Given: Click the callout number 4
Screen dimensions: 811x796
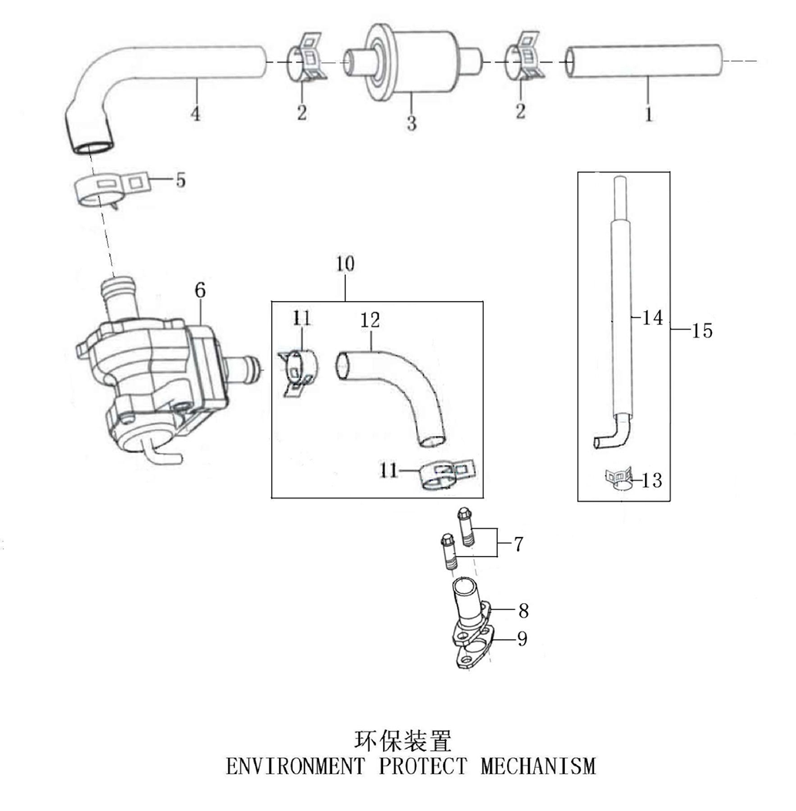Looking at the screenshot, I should (196, 115).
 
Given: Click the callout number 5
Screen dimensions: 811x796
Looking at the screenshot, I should (180, 181).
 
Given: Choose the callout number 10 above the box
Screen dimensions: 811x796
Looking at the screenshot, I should (344, 263).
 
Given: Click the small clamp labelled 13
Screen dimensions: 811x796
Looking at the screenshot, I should (620, 481).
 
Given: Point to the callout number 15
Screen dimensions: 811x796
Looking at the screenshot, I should (702, 331).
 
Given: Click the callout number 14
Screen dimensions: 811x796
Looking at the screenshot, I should (653, 317).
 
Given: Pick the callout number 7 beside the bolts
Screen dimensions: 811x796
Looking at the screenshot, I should (519, 545).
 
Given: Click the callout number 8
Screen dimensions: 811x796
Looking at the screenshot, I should (523, 611).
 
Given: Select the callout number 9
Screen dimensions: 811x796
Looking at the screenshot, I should (522, 639).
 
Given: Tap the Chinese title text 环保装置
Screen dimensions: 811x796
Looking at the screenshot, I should (403, 741).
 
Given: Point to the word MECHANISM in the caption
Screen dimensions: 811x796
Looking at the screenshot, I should (539, 766).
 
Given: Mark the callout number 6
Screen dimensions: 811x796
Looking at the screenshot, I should (200, 290).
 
